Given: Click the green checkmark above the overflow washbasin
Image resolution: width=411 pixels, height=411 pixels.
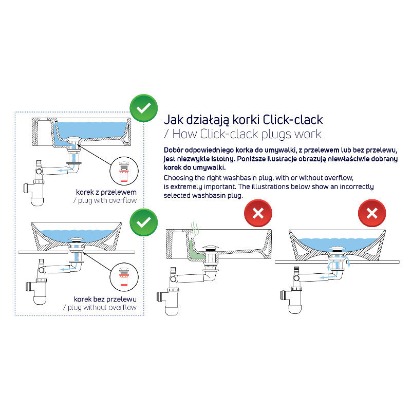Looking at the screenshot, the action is [144, 108].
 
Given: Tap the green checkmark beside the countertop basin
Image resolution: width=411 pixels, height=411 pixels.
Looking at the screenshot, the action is [144, 222].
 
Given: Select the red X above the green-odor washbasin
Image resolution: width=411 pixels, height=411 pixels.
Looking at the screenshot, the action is [258, 213].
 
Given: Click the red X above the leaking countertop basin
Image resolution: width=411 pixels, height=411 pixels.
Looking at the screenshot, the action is [372, 213].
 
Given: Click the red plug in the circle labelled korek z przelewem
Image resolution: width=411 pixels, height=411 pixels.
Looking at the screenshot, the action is [123, 172].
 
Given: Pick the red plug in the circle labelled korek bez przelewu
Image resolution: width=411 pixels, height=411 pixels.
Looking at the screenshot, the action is [123, 276].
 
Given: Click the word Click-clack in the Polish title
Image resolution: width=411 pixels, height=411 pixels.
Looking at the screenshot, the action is [292, 120].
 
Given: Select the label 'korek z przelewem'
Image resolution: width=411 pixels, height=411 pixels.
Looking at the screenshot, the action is [106, 192].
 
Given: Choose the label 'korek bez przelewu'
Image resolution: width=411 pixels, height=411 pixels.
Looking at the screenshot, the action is [105, 299].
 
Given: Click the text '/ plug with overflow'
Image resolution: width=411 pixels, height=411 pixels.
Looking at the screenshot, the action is [105, 200].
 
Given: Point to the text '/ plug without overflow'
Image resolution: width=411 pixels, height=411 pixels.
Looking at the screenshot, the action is [100, 307].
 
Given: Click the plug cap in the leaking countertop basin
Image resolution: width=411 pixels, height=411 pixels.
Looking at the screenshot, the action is [338, 249].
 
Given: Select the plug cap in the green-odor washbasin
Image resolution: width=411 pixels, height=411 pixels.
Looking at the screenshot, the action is [211, 248].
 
